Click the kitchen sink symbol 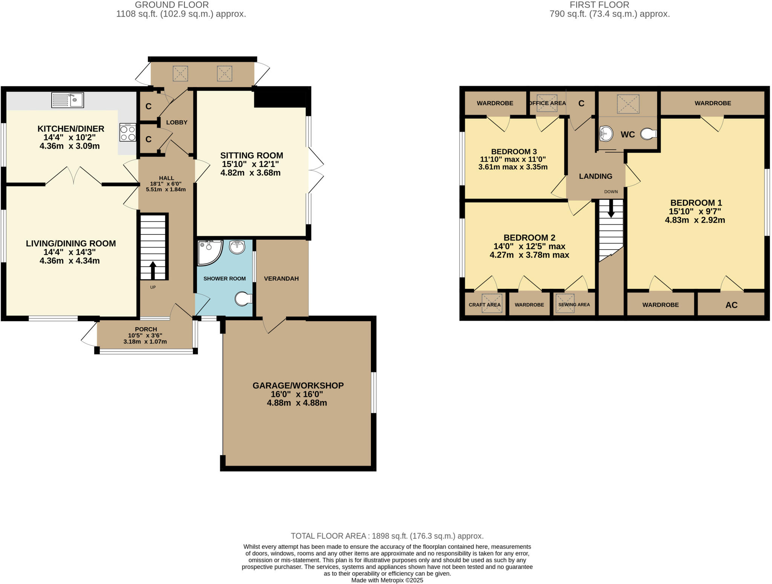pos(67,100)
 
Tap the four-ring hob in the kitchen pos(128,132)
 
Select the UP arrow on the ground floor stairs pos(153,269)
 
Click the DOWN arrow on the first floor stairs pos(611,208)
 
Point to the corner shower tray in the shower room pos(208,251)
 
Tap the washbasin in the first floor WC pos(606,133)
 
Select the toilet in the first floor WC pos(649,133)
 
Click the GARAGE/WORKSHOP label pos(298,385)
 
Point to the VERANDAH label pos(281,279)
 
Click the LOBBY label pos(177,123)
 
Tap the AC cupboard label pos(731,305)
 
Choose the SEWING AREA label pos(574,305)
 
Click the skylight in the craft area pos(492,303)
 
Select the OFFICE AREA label pos(547,103)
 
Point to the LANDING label pos(596,176)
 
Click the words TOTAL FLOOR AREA pos(328,536)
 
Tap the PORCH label pos(146,329)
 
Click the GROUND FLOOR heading pos(172,5)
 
